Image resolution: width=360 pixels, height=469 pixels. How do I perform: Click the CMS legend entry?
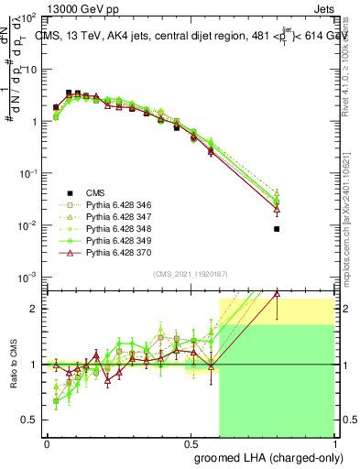[95, 192]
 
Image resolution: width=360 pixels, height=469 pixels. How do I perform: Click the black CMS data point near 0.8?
[277, 229]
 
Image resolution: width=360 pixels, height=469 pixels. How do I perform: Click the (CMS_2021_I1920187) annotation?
[190, 274]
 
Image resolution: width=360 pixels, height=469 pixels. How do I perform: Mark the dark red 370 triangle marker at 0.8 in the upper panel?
[277, 210]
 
